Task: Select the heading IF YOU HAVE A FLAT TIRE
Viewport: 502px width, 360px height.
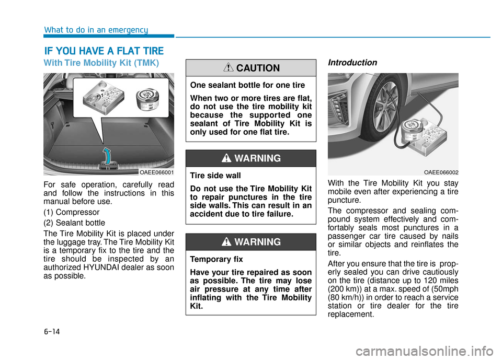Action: (x=104, y=51)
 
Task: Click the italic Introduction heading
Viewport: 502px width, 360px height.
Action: (x=352, y=63)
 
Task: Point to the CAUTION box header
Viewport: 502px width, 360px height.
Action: (x=250, y=68)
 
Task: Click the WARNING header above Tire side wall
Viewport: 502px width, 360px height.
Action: (x=250, y=158)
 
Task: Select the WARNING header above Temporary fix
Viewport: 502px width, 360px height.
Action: (x=250, y=242)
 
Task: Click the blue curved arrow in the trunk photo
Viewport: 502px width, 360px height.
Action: (x=107, y=155)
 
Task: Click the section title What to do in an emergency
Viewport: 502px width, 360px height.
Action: (x=96, y=30)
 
